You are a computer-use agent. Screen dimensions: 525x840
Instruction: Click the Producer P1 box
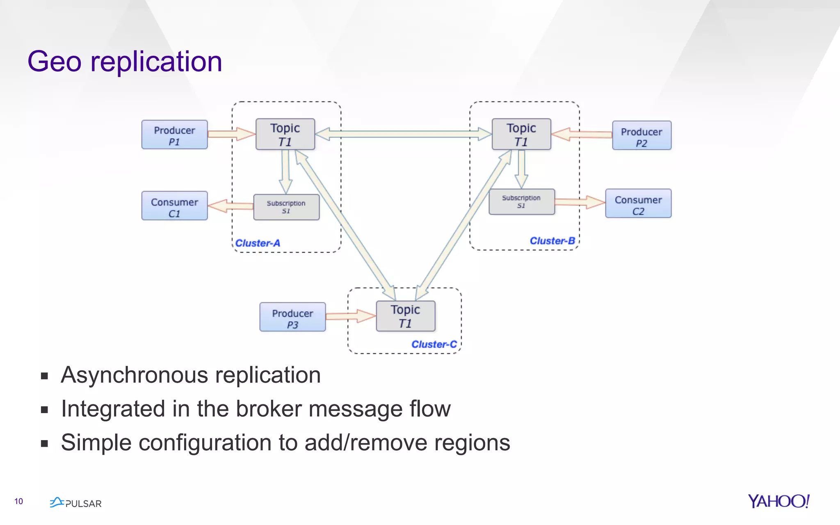pyautogui.click(x=174, y=135)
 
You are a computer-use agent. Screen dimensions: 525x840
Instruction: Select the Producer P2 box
pyautogui.click(x=641, y=135)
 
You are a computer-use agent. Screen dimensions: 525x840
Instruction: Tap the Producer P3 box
pyautogui.click(x=292, y=317)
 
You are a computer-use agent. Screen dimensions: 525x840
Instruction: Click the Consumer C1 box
pyautogui.click(x=174, y=206)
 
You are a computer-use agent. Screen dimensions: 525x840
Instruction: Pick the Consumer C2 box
pyautogui.click(x=638, y=203)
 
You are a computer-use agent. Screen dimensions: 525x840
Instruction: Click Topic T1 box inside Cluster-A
pyautogui.click(x=285, y=134)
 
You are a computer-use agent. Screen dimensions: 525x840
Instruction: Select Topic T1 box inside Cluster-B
pyautogui.click(x=521, y=134)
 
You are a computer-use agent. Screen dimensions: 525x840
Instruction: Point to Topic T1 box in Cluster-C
pyautogui.click(x=405, y=316)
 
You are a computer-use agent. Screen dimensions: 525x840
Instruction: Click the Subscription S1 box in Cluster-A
pyautogui.click(x=286, y=207)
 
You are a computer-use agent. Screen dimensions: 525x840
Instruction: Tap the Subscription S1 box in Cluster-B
pyautogui.click(x=521, y=202)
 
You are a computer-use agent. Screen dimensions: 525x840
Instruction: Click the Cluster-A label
pyautogui.click(x=258, y=243)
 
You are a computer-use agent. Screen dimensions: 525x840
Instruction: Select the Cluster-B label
pyautogui.click(x=552, y=241)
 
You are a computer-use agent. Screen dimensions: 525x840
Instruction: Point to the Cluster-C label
pyautogui.click(x=434, y=344)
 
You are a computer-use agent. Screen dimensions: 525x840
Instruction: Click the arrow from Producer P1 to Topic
pyautogui.click(x=231, y=134)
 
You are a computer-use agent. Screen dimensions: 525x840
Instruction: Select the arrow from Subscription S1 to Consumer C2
pyautogui.click(x=580, y=202)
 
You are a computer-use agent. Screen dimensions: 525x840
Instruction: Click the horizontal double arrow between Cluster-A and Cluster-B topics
pyautogui.click(x=403, y=134)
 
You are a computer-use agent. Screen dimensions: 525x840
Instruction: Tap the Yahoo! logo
pyautogui.click(x=778, y=501)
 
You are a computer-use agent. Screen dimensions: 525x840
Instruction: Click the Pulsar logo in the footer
pyautogui.click(x=76, y=503)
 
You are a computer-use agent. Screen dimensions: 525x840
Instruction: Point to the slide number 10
pyautogui.click(x=18, y=501)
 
